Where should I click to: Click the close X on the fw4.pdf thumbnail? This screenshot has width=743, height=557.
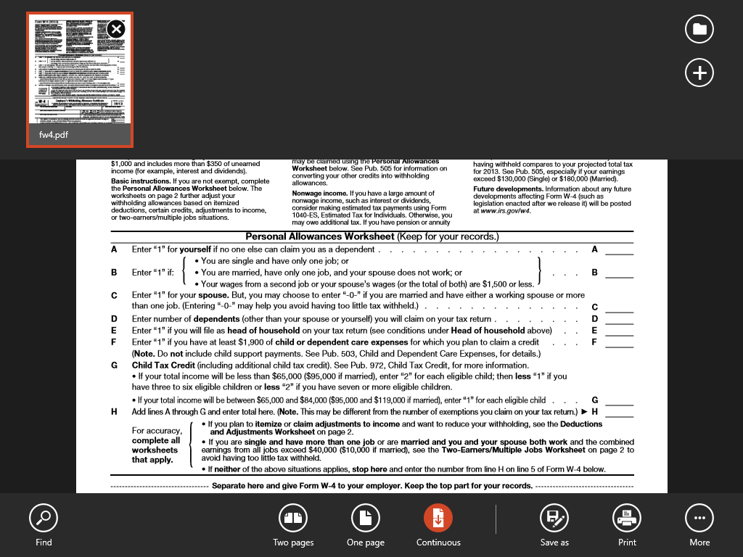116,29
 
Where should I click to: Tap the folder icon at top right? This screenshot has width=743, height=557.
699,29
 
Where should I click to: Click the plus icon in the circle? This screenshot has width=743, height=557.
699,73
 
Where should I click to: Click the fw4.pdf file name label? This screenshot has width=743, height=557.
54,134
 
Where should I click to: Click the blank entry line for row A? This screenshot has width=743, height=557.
619,251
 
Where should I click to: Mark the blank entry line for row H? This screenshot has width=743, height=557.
619,413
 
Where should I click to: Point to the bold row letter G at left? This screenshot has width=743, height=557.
114,366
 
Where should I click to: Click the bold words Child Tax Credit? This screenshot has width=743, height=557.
158,366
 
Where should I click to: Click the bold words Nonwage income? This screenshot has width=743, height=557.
319,194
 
